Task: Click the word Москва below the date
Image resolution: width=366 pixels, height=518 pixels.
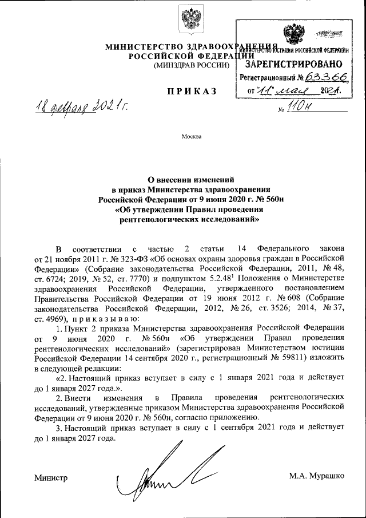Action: point(192,136)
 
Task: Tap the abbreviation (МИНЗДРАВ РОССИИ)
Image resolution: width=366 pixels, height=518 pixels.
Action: point(192,66)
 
